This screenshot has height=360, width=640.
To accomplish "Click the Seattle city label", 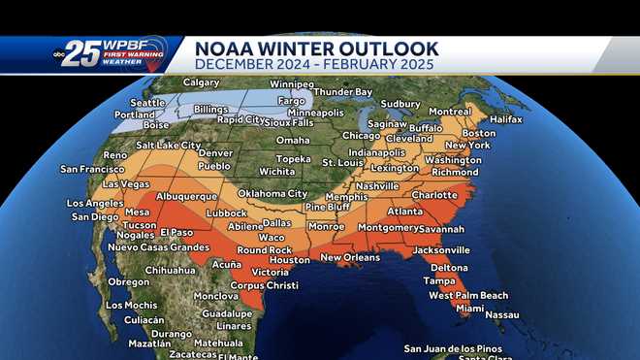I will tap(147, 103).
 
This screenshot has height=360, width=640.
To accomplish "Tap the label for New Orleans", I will tap(349, 257).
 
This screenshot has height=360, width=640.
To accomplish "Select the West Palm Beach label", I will tap(468, 295).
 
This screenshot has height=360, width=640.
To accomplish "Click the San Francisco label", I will tap(93, 169).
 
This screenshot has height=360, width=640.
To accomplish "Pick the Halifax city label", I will tap(507, 118).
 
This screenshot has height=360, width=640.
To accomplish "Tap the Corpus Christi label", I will tap(264, 285).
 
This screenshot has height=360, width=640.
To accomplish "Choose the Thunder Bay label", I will tap(342, 92).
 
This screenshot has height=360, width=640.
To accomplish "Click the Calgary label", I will tap(201, 82).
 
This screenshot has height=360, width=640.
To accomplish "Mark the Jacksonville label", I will tap(441, 249).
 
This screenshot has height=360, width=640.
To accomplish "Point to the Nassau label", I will tap(502, 314).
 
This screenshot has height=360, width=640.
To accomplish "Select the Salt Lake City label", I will tap(169, 145).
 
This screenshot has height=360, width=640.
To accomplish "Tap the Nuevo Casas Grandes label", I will tap(159, 246).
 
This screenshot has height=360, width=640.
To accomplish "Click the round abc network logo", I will tap(60, 55).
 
